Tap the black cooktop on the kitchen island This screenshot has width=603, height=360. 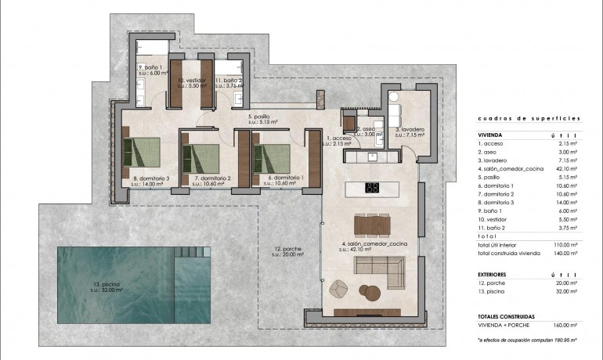click(373, 188)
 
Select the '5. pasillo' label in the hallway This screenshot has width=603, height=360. click(259, 119)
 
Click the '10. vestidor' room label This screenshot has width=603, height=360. click(190, 80)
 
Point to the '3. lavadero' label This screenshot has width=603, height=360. click(410, 129)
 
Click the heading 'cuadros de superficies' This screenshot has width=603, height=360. click(529, 118)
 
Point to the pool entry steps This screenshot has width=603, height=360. click(188, 252)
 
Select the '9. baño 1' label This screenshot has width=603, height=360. click(150, 67)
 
